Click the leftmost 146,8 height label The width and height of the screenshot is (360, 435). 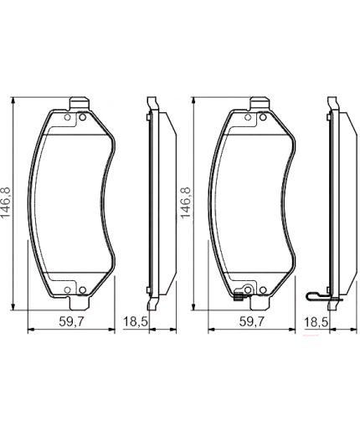[8, 202]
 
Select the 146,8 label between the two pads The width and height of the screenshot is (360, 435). [186, 202]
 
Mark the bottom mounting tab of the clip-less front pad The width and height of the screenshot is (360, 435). [77, 294]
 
